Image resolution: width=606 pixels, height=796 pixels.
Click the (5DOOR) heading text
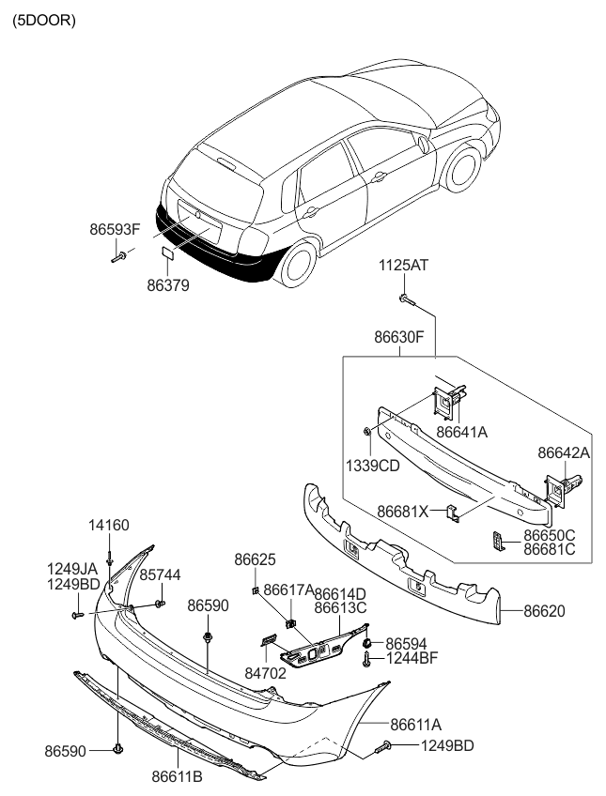43,20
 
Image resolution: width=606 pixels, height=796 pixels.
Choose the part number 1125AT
403,266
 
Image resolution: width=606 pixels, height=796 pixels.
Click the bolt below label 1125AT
406,300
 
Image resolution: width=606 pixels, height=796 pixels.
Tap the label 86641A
460,432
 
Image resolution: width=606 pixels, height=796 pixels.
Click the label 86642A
564,452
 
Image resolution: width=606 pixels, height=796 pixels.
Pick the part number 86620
544,611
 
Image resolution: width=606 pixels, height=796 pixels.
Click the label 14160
109,525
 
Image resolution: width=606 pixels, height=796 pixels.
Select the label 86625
255,559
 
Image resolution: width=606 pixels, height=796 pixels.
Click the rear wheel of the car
296,263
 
